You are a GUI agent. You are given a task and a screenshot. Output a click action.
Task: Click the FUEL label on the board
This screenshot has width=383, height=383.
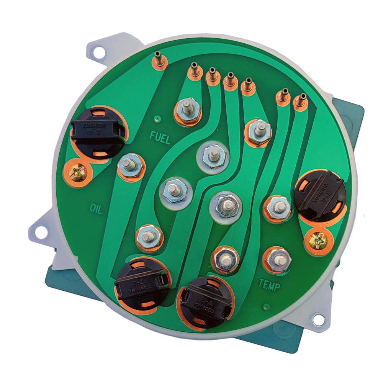pos(159,138)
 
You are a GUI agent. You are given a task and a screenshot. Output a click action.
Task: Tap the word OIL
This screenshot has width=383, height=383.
pos(96,208)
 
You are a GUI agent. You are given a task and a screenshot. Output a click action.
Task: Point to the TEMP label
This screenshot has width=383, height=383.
pos(269,285)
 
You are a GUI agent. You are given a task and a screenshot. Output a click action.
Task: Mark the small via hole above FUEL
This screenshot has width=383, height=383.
pos(157,119)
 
